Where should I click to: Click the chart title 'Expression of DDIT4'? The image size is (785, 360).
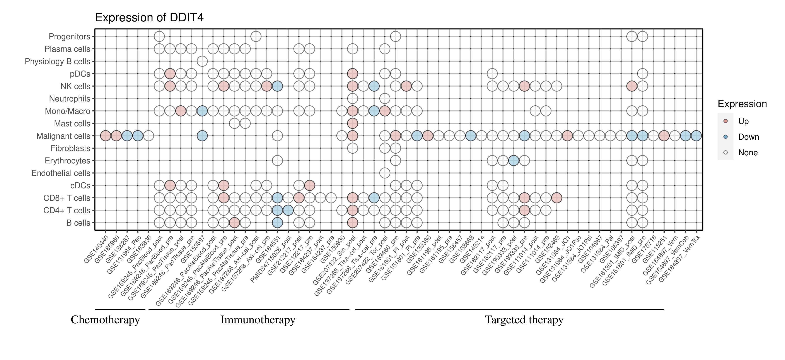149,18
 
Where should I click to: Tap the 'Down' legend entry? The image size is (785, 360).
748,137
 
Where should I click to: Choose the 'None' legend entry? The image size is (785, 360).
747,153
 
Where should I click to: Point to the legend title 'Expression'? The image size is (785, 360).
742,104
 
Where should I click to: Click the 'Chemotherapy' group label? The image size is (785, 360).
105,320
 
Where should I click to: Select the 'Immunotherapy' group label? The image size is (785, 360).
258,320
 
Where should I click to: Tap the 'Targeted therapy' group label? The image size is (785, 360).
524,320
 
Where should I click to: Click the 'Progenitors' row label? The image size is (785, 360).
70,37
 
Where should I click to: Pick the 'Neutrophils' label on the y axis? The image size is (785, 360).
70,99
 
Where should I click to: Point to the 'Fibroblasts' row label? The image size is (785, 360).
70,148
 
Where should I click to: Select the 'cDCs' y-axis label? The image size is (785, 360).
80,186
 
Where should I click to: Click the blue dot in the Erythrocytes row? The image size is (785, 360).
514,161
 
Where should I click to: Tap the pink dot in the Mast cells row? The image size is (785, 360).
352,123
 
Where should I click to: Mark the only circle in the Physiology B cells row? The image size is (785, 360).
202,61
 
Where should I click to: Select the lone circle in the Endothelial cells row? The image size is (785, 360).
385,173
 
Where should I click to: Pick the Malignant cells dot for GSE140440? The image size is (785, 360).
106,136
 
